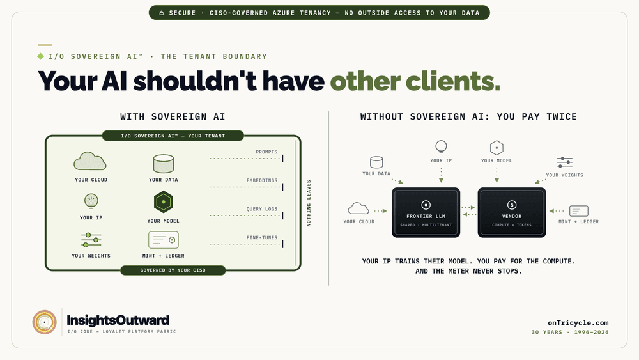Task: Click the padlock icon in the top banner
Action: [162, 13]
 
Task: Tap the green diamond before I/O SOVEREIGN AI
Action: [41, 56]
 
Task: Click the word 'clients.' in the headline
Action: [453, 81]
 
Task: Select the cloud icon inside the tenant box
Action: [90, 161]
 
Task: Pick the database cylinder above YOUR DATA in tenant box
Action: [164, 164]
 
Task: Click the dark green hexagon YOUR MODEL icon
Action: [164, 202]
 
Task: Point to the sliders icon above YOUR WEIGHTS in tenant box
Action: [91, 240]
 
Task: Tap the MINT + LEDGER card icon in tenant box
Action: [164, 240]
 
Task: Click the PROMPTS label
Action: [266, 152]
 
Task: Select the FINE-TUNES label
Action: [261, 237]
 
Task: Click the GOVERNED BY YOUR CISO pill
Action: [173, 270]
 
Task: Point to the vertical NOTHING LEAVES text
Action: [309, 203]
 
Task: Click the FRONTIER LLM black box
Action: [426, 212]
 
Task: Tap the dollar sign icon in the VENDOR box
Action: [512, 205]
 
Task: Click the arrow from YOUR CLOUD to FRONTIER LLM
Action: [381, 211]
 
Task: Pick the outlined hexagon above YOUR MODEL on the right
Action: [497, 148]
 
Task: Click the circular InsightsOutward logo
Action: [45, 322]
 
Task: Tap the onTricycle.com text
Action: [578, 323]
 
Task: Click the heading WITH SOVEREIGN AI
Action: [173, 116]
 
